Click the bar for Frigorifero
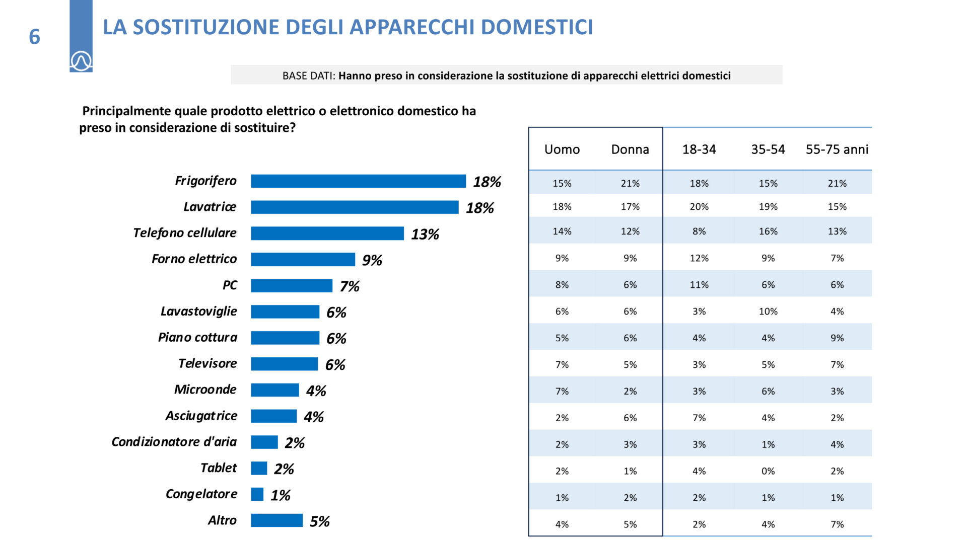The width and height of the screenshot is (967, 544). pos(358,181)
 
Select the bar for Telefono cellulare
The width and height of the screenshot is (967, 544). pos(327,234)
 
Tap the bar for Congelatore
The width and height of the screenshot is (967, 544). pos(257,495)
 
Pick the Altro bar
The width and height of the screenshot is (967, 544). pos(277,520)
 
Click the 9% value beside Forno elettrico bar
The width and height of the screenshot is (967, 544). pos(372,260)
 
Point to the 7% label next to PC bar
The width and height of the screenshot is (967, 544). pos(350,286)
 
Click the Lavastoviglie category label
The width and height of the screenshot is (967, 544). pos(199,312)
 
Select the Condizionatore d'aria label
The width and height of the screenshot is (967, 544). pos(174,442)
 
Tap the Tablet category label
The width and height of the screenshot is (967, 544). pos(219,468)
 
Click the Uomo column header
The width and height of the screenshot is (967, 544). pos(562,149)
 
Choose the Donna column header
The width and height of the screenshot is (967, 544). pos(630,149)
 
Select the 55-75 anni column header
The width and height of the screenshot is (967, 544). pos(837,149)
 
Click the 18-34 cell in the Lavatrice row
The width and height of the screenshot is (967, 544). pos(699,207)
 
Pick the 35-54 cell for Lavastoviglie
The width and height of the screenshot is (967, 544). pos(768,312)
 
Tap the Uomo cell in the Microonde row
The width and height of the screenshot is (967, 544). pos(562,392)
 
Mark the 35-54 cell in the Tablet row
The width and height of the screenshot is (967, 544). pos(768,472)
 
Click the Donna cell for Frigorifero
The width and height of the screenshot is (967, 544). pos(630,184)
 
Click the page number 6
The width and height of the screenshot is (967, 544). pos(34,37)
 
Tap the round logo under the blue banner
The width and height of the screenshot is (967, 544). pos(81,61)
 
